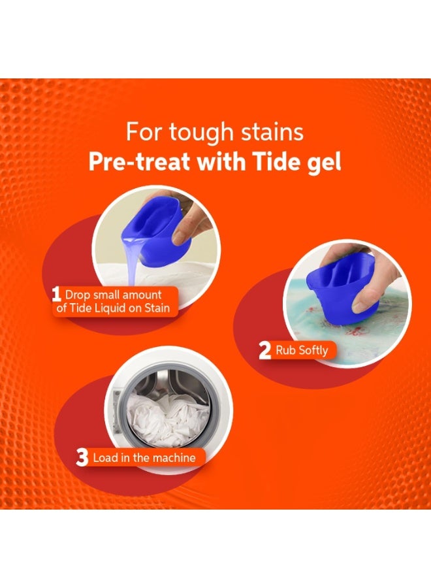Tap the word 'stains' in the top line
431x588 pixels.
271,133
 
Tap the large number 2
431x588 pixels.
264,351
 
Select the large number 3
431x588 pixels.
82,457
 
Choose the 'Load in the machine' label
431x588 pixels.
144,457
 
